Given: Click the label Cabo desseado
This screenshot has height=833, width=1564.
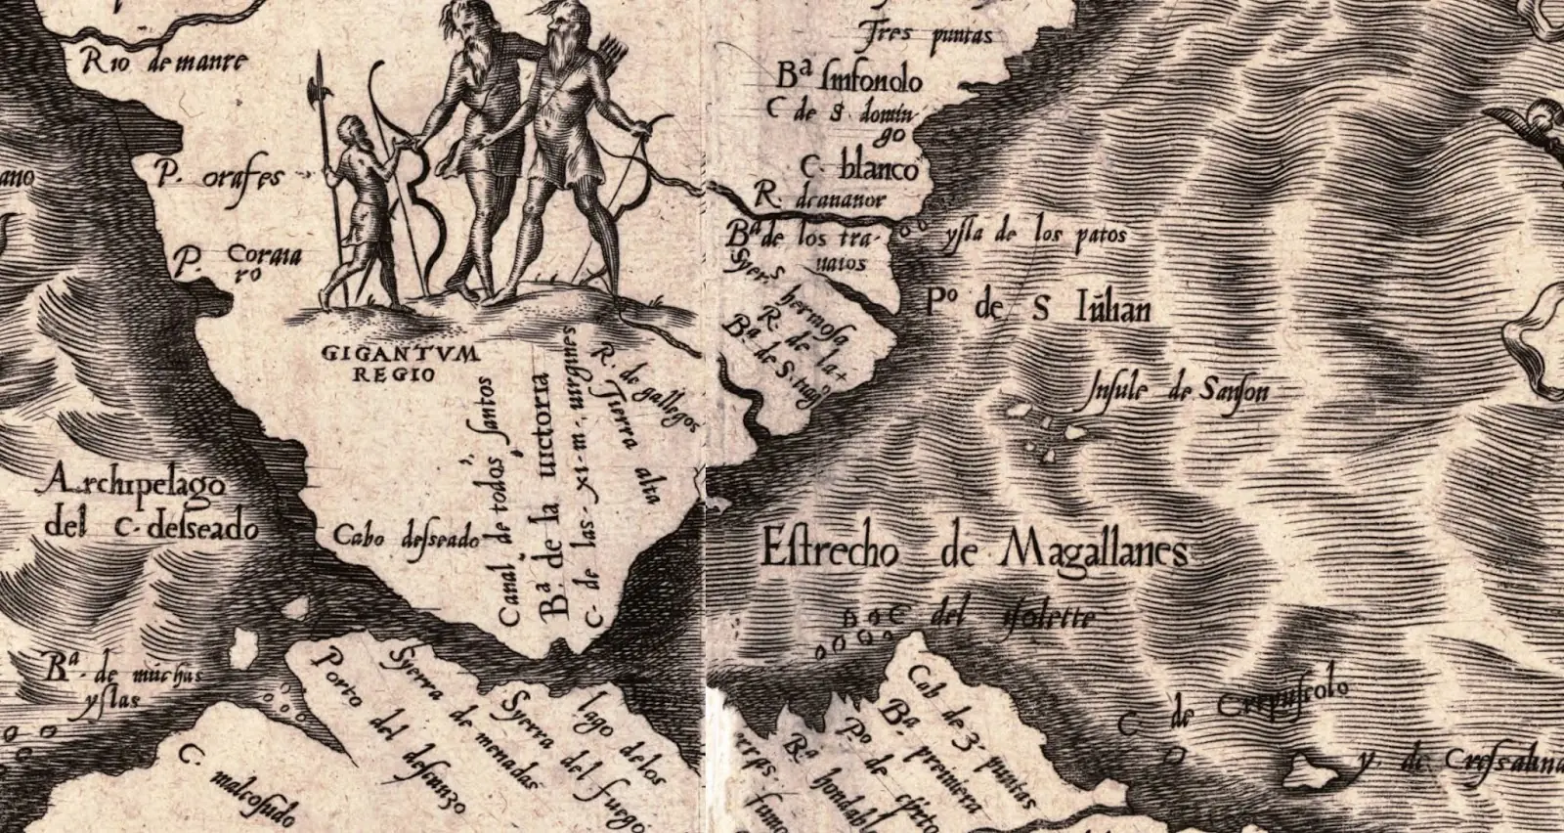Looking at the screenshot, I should point(406,538).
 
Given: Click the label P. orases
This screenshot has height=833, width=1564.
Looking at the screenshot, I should point(219,176).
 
